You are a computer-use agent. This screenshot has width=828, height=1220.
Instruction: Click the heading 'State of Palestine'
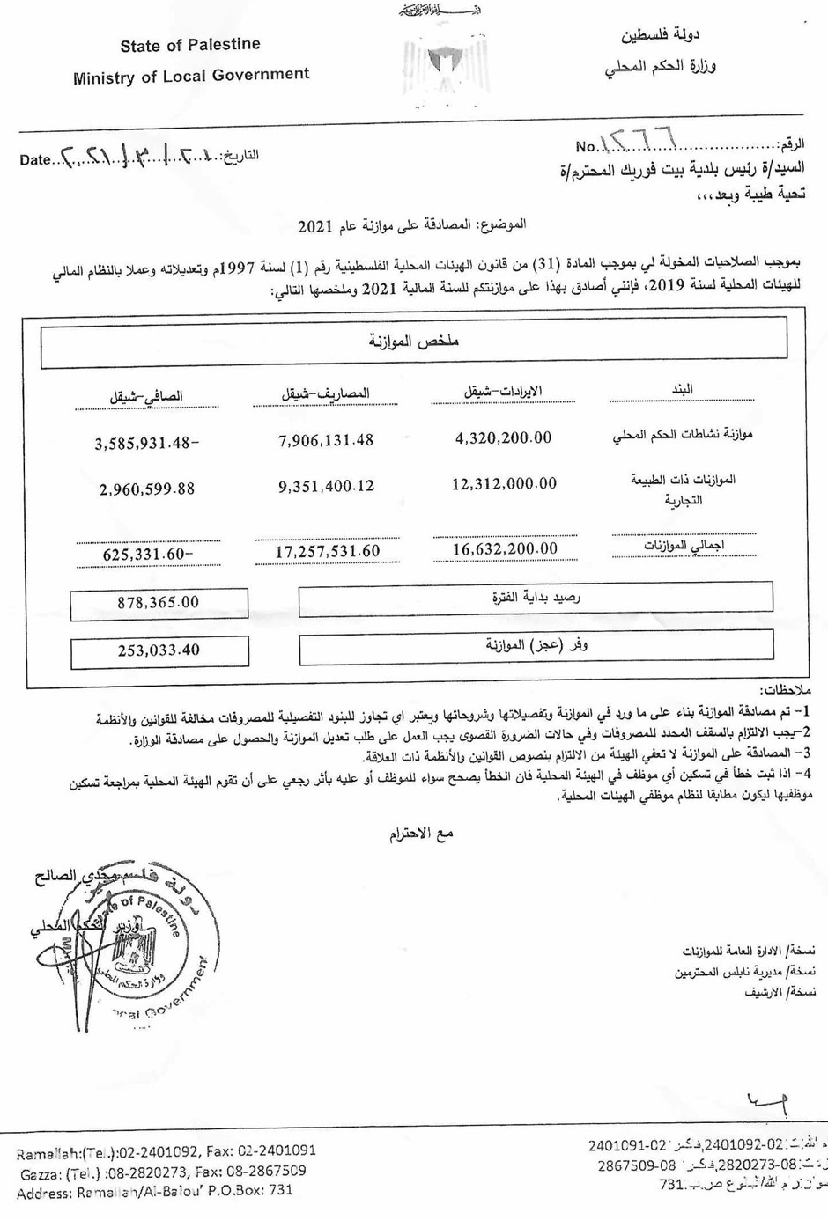190,45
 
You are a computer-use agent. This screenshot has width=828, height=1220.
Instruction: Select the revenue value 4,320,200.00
504,438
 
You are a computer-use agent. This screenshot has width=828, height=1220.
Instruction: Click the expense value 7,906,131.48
326,440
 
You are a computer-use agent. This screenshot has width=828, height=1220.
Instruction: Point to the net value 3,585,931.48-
146,444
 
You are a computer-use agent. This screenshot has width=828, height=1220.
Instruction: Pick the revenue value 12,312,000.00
504,484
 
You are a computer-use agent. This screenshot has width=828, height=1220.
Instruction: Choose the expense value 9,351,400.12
326,486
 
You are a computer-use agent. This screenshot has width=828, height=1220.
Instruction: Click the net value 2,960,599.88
146,489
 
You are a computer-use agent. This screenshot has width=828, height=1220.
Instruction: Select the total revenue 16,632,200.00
505,549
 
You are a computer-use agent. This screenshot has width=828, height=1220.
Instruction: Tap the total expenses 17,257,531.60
327,552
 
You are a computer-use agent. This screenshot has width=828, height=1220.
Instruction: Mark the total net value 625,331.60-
147,555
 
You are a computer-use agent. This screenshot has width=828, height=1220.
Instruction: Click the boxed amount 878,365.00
159,603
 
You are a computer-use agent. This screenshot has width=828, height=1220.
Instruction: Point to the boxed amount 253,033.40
159,650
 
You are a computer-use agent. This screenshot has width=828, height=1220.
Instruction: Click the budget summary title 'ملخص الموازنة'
414,342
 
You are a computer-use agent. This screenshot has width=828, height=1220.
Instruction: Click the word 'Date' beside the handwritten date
35,160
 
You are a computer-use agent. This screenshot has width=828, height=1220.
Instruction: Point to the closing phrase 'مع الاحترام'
421,834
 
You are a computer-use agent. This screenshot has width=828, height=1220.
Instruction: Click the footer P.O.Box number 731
280,1191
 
